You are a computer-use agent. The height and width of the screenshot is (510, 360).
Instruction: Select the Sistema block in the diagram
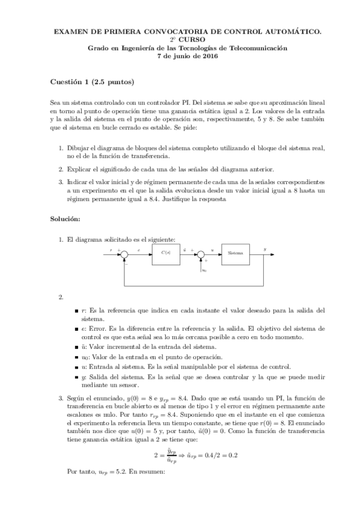pyautogui.click(x=235, y=253)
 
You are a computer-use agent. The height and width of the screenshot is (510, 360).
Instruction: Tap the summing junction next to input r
pyautogui.click(x=124, y=254)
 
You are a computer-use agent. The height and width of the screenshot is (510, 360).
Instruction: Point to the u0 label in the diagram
pyautogui.click(x=204, y=270)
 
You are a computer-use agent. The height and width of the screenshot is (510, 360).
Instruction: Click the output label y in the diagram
pyautogui.click(x=265, y=248)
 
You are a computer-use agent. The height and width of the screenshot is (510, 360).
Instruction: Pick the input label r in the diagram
pyautogui.click(x=111, y=249)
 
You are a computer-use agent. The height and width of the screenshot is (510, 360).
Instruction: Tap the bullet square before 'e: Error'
pyautogui.click(x=75, y=329)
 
